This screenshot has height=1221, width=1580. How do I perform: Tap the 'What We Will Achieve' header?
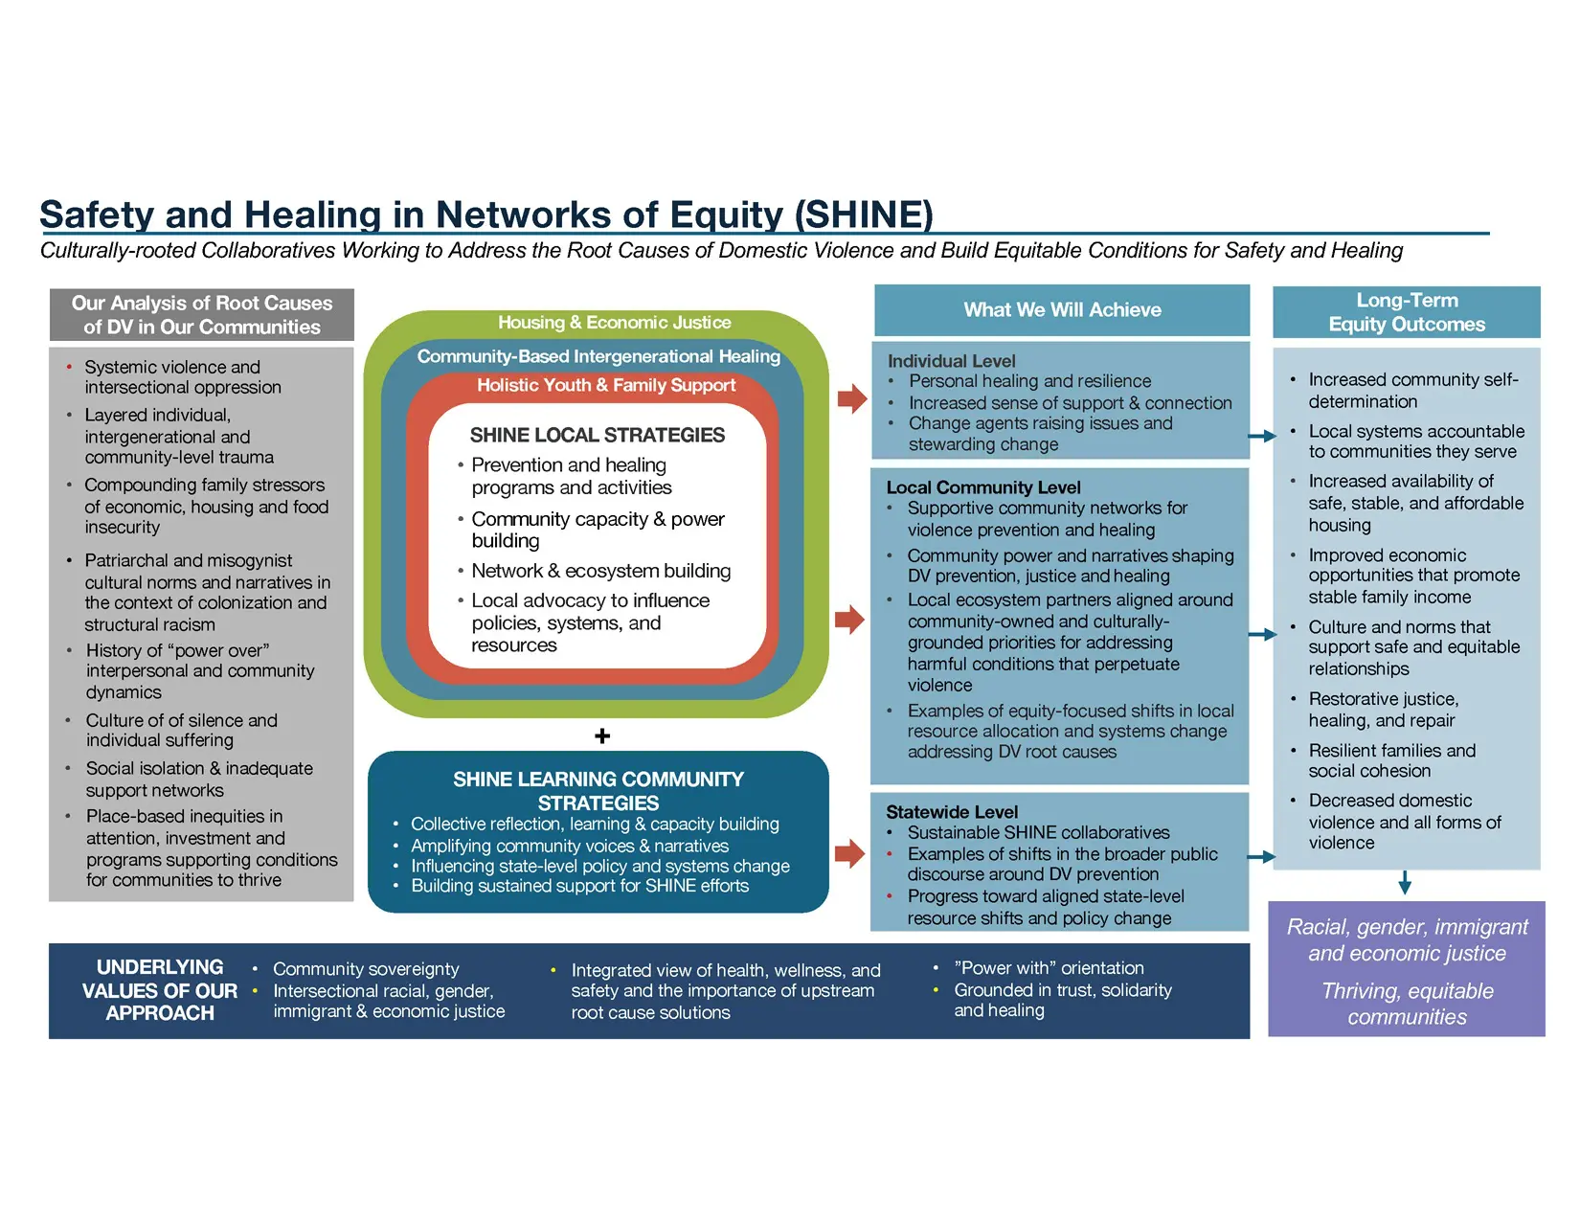tap(1062, 309)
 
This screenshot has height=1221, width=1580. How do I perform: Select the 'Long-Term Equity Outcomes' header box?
tap(1406, 312)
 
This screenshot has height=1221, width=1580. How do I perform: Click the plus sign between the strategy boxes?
tap(601, 735)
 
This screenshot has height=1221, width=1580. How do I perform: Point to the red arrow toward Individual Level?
tap(851, 398)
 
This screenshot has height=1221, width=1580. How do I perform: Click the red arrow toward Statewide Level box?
tap(849, 853)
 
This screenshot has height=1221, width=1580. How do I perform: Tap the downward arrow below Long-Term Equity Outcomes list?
tap(1404, 882)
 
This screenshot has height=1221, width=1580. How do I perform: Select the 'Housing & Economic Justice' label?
tap(614, 323)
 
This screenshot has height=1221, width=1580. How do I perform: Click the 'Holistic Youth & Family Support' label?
tap(606, 385)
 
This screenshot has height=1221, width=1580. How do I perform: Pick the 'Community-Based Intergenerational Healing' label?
tap(598, 356)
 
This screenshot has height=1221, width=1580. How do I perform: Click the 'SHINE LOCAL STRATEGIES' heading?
tap(598, 435)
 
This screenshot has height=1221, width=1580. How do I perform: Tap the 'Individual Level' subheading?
tap(951, 361)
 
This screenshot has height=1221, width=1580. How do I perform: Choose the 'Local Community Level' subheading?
tap(982, 486)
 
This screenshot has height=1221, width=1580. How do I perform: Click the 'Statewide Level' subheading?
tap(952, 811)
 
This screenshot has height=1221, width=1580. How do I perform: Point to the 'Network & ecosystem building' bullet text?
tap(600, 571)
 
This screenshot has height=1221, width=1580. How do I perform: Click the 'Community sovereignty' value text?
tap(366, 969)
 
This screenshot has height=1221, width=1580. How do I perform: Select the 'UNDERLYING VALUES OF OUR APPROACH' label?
tap(160, 990)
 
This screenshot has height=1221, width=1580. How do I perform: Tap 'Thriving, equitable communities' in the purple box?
tap(1407, 1004)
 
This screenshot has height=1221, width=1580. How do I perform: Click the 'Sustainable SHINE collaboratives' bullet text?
tap(1038, 832)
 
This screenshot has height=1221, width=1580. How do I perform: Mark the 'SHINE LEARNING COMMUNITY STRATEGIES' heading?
tap(598, 791)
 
